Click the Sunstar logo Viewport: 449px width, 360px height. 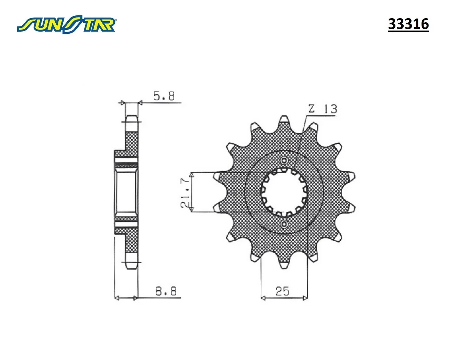(x=66, y=24)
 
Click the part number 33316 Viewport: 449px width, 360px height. (x=408, y=24)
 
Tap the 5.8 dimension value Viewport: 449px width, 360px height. (x=164, y=96)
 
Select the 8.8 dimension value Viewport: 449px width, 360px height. (x=166, y=291)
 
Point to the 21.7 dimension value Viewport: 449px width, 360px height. (x=185, y=192)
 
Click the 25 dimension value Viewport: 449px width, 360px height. (x=283, y=291)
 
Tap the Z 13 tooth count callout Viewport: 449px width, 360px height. (x=323, y=109)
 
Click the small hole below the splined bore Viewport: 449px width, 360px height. (x=284, y=224)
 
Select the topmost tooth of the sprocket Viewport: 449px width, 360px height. (x=284, y=121)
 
